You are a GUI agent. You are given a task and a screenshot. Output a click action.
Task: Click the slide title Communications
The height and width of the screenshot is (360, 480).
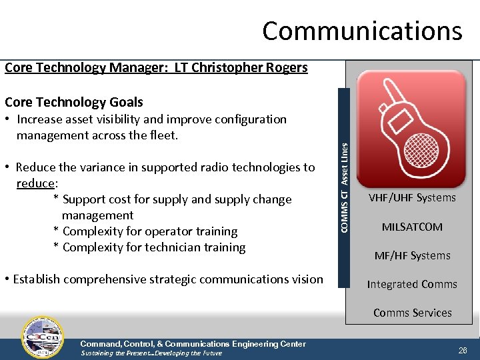click(x=361, y=31)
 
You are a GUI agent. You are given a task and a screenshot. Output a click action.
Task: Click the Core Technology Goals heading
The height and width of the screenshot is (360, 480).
click(x=73, y=102)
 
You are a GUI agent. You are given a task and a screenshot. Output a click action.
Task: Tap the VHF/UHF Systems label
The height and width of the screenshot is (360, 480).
click(x=412, y=197)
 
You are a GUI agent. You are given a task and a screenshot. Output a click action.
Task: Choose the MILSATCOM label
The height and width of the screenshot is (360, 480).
click(x=412, y=227)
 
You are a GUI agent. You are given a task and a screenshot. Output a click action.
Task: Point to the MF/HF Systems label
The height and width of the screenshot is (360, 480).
click(x=412, y=255)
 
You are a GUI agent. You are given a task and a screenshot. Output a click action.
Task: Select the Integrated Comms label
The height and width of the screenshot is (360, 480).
click(x=412, y=284)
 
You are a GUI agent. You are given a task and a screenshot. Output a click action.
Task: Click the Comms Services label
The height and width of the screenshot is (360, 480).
click(x=412, y=313)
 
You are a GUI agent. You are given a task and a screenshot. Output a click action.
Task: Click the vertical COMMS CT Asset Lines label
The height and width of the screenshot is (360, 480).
click(x=343, y=189)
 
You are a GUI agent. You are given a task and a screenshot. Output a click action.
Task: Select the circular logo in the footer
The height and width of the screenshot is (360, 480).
click(x=43, y=337)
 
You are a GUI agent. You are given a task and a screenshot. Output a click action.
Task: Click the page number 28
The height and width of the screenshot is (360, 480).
click(x=462, y=350)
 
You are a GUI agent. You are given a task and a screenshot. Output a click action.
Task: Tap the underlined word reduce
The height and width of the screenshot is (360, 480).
click(x=35, y=183)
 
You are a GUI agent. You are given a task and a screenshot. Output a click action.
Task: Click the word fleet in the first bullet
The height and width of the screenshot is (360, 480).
click(x=163, y=135)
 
